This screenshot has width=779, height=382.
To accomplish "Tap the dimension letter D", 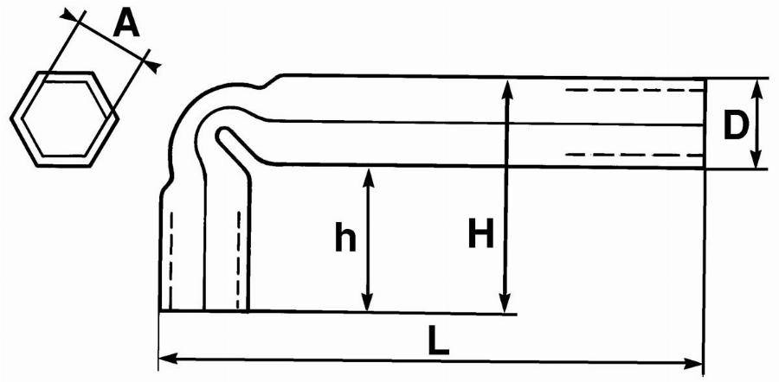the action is click(735, 126).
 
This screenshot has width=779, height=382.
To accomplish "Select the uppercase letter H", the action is click(480, 233).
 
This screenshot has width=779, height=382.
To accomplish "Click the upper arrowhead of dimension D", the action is click(756, 87).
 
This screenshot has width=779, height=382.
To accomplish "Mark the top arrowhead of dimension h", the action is click(368, 178).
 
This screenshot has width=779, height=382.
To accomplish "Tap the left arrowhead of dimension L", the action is click(167, 358).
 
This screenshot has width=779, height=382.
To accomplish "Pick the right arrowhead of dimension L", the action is click(693, 363).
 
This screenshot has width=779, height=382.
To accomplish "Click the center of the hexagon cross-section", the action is click(65, 118).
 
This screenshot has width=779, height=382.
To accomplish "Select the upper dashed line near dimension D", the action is click(635, 90).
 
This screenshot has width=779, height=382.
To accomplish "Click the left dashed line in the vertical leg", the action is click(171, 259).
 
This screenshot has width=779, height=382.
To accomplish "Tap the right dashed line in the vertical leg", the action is click(239, 259).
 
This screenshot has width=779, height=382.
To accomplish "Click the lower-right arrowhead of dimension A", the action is click(153, 65).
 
